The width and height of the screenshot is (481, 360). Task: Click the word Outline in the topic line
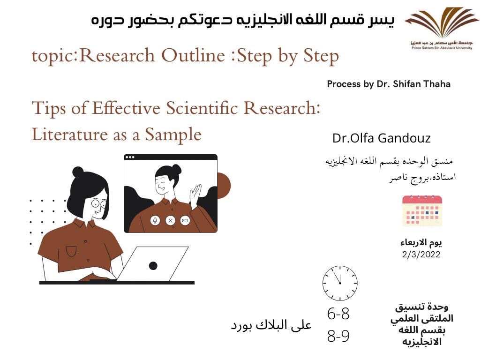pos(193,55)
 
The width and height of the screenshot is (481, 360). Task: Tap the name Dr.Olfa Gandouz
pos(381,138)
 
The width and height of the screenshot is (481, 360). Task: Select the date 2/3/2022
pos(421,254)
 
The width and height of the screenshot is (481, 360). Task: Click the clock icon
pos(340,283)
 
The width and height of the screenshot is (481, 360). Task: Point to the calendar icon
pos(422,210)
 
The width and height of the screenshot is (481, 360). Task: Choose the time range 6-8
pos(338,314)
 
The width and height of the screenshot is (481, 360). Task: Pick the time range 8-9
pos(338,336)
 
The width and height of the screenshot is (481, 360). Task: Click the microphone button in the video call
pos(155,220)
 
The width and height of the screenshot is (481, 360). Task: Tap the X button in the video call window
pos(170,220)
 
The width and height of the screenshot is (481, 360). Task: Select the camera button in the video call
pos(185,220)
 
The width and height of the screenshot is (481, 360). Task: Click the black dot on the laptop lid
pos(153,266)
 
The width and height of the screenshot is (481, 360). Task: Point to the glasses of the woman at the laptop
pos(99,203)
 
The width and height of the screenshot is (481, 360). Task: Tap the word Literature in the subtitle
pos(70,135)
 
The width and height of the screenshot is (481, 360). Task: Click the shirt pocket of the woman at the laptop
pos(71,251)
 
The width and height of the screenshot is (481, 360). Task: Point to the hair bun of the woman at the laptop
pos(78,172)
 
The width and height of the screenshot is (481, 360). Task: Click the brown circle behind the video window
pos(224,186)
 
